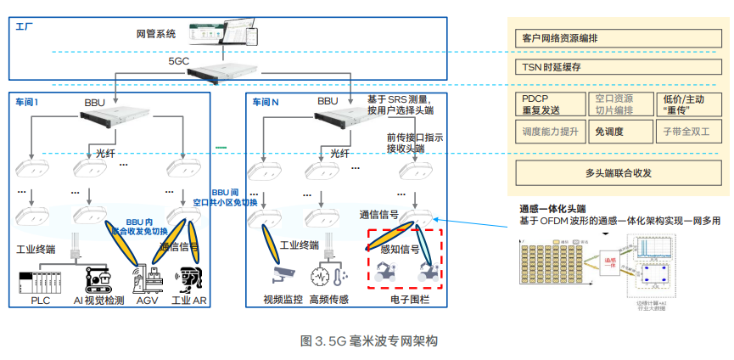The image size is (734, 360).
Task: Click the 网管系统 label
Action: tap(156, 35)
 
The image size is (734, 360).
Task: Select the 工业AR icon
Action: tap(189, 279)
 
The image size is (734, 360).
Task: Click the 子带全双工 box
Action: tap(686, 132)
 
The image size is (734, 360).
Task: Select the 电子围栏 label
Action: tap(407, 300)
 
